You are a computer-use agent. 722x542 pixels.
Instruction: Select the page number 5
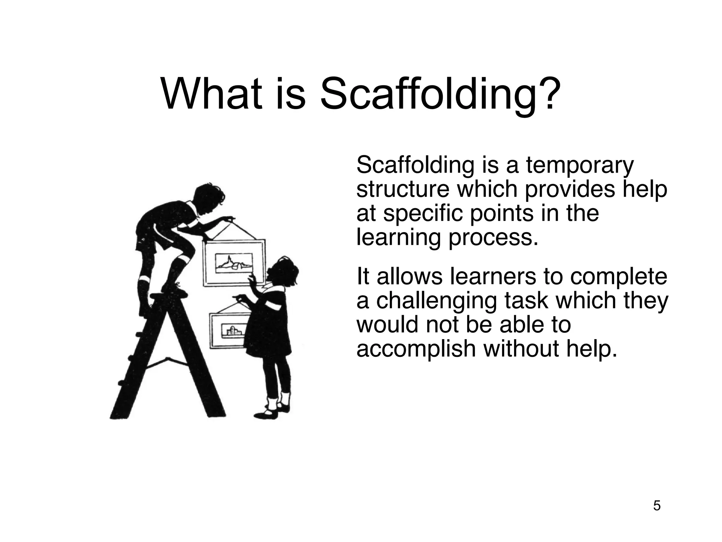coord(657,506)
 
